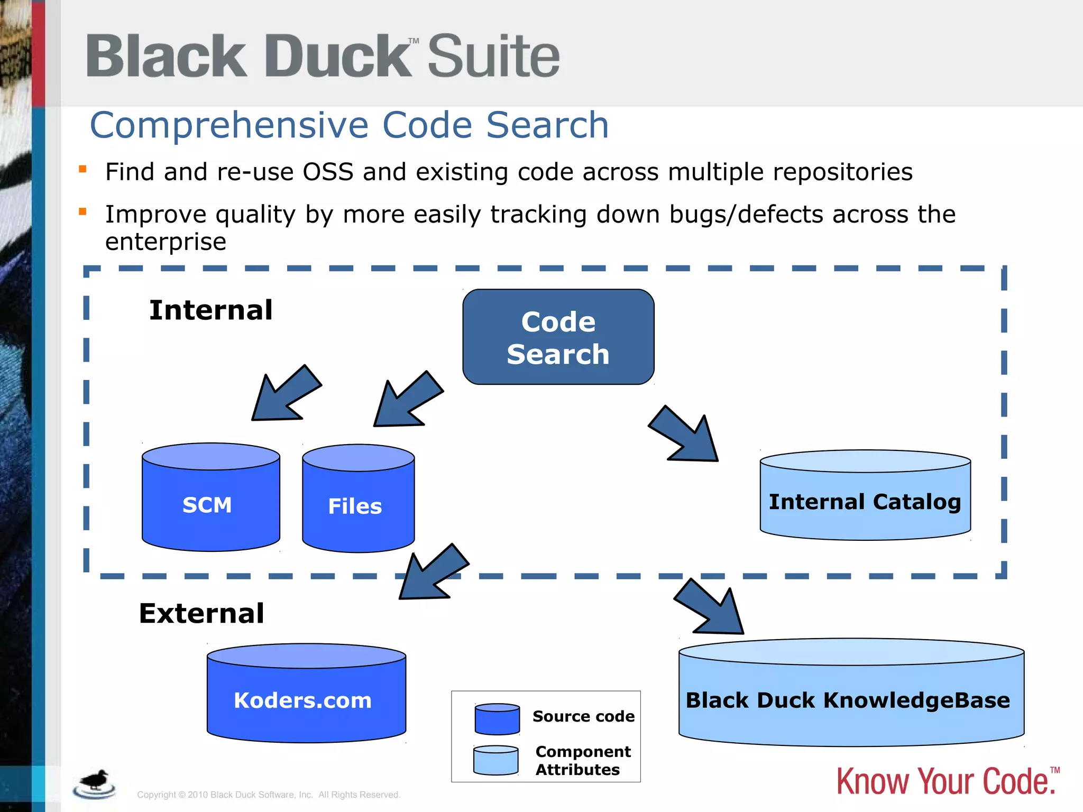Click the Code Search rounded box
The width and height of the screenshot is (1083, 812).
pyautogui.click(x=558, y=337)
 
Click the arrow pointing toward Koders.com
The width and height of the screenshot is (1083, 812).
pyautogui.click(x=432, y=573)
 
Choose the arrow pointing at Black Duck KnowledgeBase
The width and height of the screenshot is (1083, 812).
pyautogui.click(x=711, y=608)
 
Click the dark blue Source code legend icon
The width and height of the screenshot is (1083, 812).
pyautogui.click(x=497, y=719)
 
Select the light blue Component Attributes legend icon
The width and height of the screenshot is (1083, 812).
pyautogui.click(x=495, y=760)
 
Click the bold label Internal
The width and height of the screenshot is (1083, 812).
pyautogui.click(x=210, y=310)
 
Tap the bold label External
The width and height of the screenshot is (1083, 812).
pyautogui.click(x=201, y=613)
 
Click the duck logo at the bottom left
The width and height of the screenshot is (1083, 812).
pyautogui.click(x=95, y=783)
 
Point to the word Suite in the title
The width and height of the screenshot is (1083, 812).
pyautogui.click(x=493, y=56)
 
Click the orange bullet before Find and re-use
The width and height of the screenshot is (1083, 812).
pyautogui.click(x=82, y=169)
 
